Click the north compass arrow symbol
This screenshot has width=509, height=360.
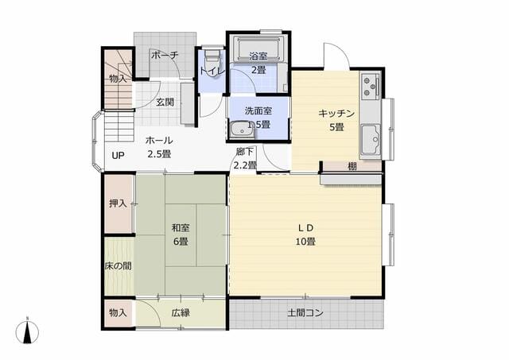tap(27, 331)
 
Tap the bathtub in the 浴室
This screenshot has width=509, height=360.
tap(258, 49)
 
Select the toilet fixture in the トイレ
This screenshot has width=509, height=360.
tap(212, 56)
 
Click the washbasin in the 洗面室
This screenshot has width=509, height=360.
tap(242, 130)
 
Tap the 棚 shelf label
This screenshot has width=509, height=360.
tap(352, 167)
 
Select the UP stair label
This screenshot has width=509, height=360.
tap(119, 155)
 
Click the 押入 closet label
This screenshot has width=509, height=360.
tap(118, 203)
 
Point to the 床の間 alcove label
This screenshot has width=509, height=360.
tap(119, 266)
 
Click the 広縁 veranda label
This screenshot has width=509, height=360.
tap(181, 313)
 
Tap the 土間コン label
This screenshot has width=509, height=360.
tap(305, 313)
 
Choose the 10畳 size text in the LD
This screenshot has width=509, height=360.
tap(305, 242)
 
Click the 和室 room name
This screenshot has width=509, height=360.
tap(181, 227)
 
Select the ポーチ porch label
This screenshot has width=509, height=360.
tap(165, 55)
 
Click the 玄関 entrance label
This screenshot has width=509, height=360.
tap(165, 102)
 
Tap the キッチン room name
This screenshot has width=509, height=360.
tap(336, 114)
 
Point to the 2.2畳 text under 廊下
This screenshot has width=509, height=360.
tap(245, 166)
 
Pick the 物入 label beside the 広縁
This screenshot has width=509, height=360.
tap(118, 313)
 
